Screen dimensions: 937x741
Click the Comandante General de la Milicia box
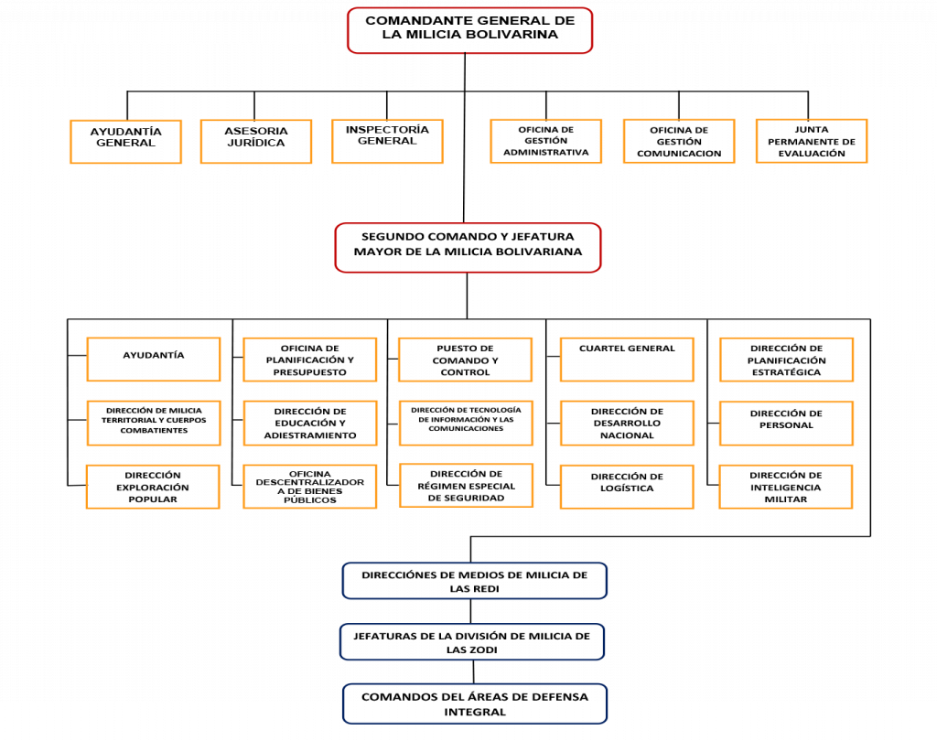[x=469, y=30]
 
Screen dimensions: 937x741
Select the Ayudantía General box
[x=125, y=142]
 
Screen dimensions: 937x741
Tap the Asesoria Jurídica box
[x=256, y=141]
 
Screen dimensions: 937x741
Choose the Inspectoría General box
[x=387, y=141]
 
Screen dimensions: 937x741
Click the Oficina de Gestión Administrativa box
[x=545, y=141]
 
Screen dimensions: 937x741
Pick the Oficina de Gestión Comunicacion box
[x=679, y=141]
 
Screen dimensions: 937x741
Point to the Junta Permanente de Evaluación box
[x=812, y=141]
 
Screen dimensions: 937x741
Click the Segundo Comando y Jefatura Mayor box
[x=468, y=248]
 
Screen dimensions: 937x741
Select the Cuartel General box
[x=627, y=360]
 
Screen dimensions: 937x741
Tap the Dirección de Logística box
[x=627, y=487]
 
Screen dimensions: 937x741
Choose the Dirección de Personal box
[x=786, y=424]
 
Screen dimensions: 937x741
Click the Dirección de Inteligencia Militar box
[x=786, y=487]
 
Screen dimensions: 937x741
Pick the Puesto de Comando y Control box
[x=465, y=360]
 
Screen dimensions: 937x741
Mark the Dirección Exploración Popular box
[x=153, y=487]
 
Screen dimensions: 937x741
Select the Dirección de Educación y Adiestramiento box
[x=310, y=424]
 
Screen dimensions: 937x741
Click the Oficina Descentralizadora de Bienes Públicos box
[x=309, y=487]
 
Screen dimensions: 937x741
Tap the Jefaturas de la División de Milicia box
[x=472, y=642]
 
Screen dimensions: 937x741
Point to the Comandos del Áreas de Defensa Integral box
[x=475, y=704]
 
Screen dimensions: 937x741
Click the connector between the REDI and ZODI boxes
[x=471, y=612]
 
